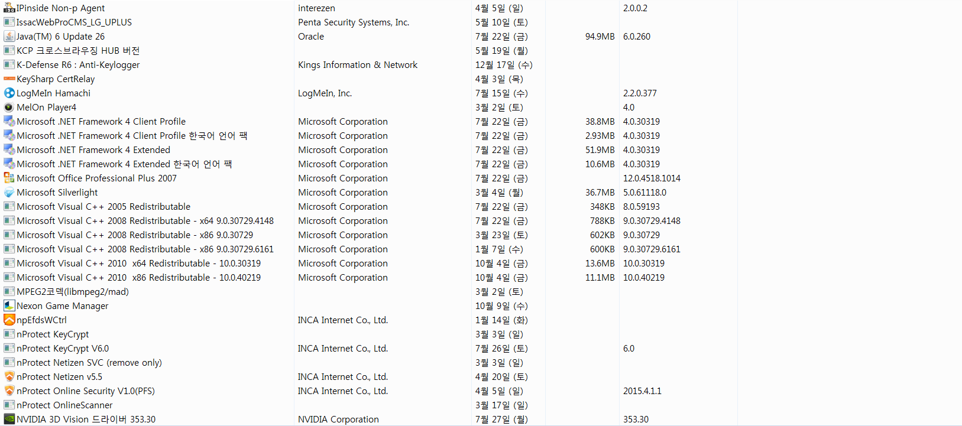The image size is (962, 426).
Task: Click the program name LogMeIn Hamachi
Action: point(53,93)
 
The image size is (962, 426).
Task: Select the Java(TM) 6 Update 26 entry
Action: point(60,37)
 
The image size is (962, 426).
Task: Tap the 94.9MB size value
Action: point(600,37)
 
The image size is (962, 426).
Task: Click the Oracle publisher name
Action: point(311,37)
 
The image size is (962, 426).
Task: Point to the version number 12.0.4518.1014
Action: point(652,178)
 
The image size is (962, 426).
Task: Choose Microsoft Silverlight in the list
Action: point(57,193)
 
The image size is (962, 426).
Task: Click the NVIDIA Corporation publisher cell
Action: point(338,420)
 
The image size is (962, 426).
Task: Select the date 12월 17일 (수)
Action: point(504,65)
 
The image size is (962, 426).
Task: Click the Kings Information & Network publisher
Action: point(358,65)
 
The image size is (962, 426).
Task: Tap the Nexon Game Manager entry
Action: point(63,306)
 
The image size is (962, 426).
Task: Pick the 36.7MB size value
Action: point(600,193)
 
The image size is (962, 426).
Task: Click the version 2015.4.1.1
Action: point(642,391)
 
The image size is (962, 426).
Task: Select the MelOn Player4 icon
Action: point(9,108)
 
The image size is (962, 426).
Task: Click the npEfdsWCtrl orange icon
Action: point(9,320)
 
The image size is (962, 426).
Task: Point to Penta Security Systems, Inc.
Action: point(354,22)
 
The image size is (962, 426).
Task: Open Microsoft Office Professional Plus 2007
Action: point(96,178)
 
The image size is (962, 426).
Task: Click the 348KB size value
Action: point(602,207)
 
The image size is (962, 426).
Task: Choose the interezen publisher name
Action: point(316,8)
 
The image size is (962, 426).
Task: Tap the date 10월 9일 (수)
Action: point(501,306)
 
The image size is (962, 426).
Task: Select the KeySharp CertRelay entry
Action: point(56,79)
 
